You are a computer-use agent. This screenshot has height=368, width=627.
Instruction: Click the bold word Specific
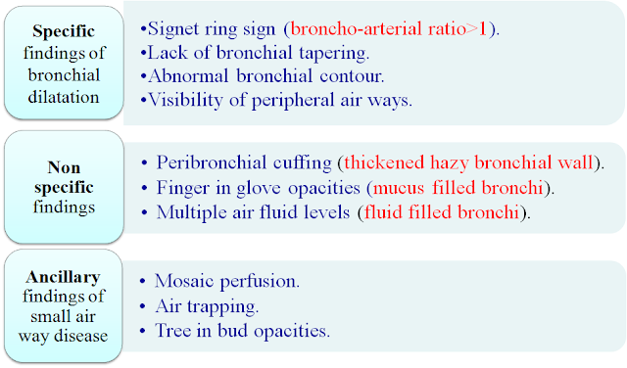pos(64,31)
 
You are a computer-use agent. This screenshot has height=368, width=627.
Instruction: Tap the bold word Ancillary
pos(63,277)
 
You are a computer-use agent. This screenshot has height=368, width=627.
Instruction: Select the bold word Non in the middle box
pos(64,167)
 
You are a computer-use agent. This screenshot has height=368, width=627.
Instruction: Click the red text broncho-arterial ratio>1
pos(388,28)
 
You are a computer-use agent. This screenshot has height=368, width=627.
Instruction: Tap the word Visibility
pos(185,100)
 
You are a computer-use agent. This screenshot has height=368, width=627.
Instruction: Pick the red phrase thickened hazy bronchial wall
pos(468,162)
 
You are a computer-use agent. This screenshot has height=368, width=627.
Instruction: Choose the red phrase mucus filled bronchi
pos(458,188)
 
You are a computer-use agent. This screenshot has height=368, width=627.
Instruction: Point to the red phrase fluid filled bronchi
pos(442,212)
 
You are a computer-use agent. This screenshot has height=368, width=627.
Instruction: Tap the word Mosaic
pos(184,281)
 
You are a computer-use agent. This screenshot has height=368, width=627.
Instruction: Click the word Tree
pos(172,331)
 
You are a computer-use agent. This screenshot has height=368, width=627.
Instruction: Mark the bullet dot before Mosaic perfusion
pos(143,281)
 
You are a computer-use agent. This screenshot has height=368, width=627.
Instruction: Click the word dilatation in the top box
pos(64,97)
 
